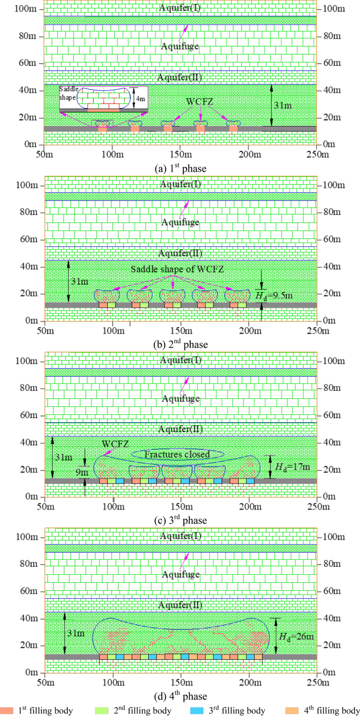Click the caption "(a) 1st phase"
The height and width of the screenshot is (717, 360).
(x=180, y=169)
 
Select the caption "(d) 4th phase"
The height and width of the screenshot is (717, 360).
(x=180, y=697)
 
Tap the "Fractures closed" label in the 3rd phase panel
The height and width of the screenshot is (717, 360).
(x=178, y=454)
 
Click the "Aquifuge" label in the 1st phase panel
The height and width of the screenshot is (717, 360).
(x=180, y=46)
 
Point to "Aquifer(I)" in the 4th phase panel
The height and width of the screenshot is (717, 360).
(x=180, y=536)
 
